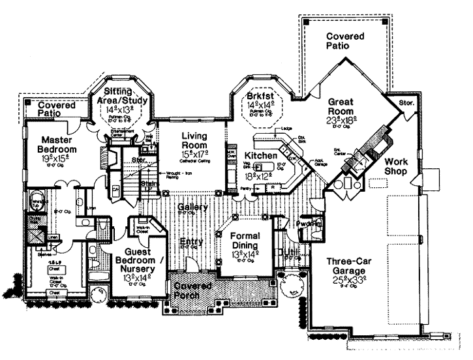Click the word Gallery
pyautogui.click(x=192, y=207)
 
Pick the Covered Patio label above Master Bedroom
pyautogui.click(x=55, y=109)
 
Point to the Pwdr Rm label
pyautogui.click(x=309, y=224)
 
